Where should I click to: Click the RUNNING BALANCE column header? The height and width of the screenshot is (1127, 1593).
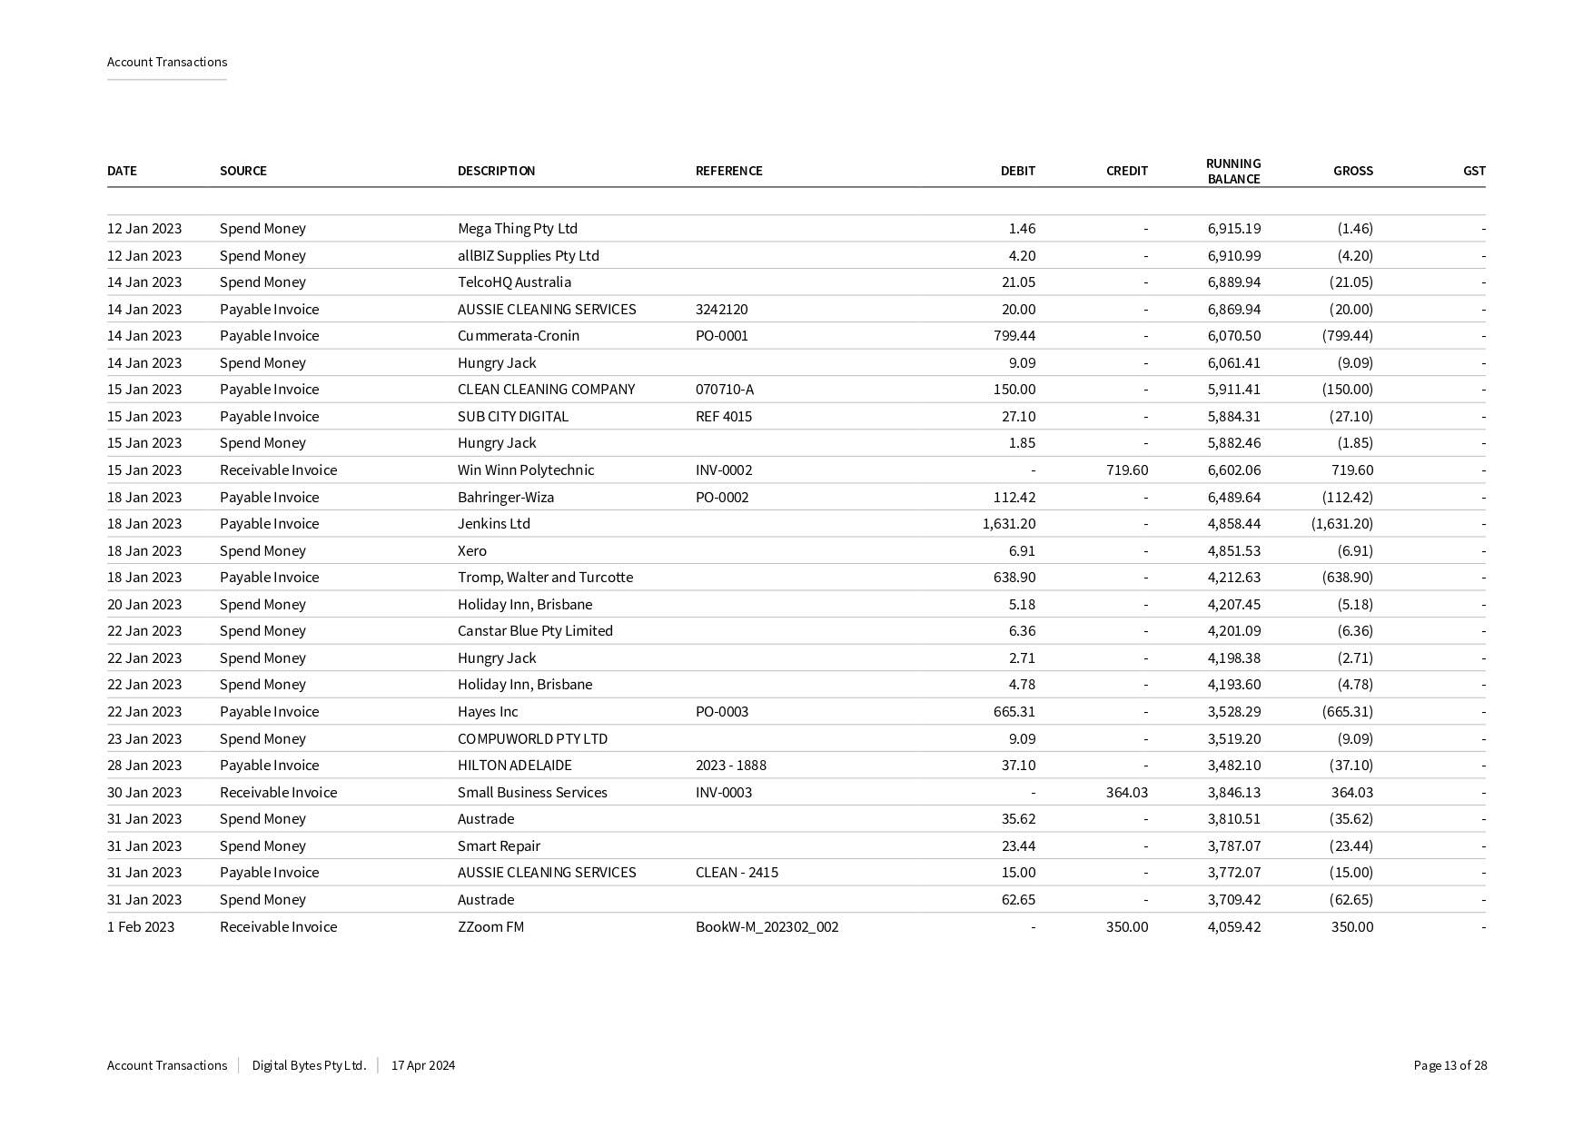(x=1232, y=171)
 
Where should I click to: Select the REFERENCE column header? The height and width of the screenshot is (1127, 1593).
(x=728, y=171)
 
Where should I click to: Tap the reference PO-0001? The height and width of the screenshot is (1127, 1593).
(x=721, y=336)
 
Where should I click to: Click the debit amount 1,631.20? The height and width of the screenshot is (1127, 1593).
(x=1008, y=524)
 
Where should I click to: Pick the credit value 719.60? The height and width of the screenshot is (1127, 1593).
(x=1126, y=470)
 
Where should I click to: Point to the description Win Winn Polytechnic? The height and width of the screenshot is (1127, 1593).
(x=525, y=470)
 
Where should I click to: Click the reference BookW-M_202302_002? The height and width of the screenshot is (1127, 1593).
(x=767, y=927)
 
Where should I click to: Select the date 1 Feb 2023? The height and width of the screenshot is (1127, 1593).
(x=141, y=927)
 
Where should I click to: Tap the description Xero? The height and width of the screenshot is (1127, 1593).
(x=471, y=551)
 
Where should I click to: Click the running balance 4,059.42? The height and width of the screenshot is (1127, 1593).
(x=1233, y=927)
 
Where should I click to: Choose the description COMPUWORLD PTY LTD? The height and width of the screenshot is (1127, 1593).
(x=532, y=739)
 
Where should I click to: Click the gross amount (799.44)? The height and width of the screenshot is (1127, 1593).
(x=1347, y=336)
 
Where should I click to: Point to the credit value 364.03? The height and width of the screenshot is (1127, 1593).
(x=1126, y=793)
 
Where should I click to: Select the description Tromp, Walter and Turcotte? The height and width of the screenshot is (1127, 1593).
(x=545, y=578)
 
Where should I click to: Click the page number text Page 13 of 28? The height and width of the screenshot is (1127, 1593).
(x=1450, y=1066)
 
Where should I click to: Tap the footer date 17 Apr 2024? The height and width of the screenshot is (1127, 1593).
(x=423, y=1066)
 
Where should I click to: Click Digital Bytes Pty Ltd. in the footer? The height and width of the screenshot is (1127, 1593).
(x=309, y=1066)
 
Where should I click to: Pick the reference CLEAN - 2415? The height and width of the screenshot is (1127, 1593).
(x=737, y=873)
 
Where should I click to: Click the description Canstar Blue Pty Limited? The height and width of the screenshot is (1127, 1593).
(x=535, y=631)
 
